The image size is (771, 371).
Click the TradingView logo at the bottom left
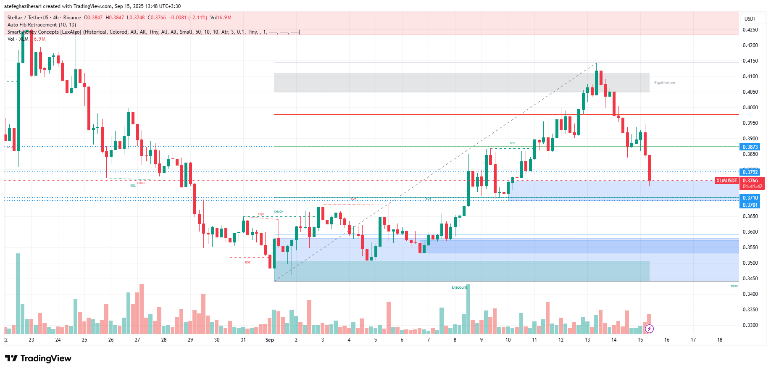(38, 358)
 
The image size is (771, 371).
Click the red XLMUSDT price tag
(726, 181)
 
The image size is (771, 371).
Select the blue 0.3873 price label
(750, 147)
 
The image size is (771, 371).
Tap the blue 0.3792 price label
(750, 172)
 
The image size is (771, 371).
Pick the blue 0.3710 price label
(750, 198)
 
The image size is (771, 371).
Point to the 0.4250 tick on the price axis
(750, 30)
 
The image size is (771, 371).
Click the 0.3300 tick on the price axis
(750, 325)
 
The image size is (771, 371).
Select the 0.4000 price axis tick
(750, 108)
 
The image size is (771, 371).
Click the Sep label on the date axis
(270, 340)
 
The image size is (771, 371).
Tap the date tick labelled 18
(720, 340)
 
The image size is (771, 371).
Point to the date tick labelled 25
(84, 340)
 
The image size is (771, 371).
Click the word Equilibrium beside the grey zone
(664, 83)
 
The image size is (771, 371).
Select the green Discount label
(459, 287)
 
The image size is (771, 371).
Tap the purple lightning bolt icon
(649, 329)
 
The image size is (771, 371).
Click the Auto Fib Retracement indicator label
(42, 25)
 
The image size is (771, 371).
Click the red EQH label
(261, 214)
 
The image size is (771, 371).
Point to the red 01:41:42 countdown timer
(752, 187)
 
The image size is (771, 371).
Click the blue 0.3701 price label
(750, 205)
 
